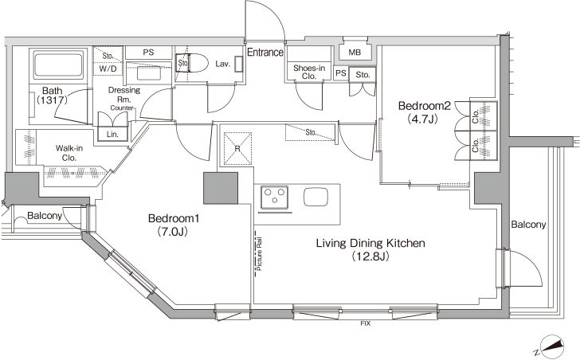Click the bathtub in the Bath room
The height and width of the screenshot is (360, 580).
tap(57, 65)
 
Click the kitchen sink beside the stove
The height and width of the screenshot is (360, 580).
tap(315, 197)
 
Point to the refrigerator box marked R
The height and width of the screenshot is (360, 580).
tap(237, 148)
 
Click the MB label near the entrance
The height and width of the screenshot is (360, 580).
tap(355, 53)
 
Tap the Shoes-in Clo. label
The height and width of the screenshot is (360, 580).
tap(309, 72)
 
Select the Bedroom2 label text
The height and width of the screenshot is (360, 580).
tap(425, 106)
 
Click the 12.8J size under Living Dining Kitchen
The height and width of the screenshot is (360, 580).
tap(370, 256)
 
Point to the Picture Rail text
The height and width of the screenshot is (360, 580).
tap(259, 253)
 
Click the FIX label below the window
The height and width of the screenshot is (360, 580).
tap(366, 324)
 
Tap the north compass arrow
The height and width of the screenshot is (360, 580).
tap(551, 346)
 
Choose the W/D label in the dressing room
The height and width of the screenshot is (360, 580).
tap(108, 68)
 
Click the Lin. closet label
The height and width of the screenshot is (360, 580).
tap(112, 135)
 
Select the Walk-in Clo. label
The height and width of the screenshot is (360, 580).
tap(69, 153)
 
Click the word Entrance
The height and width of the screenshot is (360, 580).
tap(265, 53)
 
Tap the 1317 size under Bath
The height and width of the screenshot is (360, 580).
tap(52, 100)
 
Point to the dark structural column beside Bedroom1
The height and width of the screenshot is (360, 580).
tap(221, 188)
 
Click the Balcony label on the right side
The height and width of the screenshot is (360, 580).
tap(528, 225)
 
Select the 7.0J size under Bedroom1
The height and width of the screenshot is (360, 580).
tap(174, 232)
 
